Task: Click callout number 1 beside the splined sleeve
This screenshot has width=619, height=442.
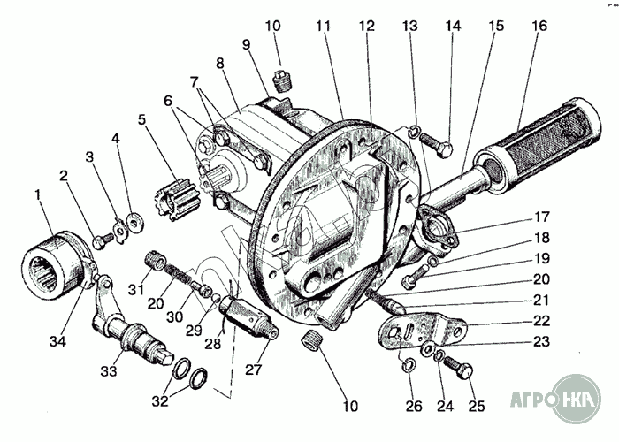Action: (x=37, y=194)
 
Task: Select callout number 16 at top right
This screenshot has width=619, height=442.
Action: (x=539, y=27)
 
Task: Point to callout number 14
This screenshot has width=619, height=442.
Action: (x=453, y=27)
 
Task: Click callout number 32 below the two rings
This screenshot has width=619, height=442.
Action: (x=160, y=400)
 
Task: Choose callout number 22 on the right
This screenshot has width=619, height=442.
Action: (x=542, y=321)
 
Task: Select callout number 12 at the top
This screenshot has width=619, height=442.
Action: (x=364, y=27)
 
